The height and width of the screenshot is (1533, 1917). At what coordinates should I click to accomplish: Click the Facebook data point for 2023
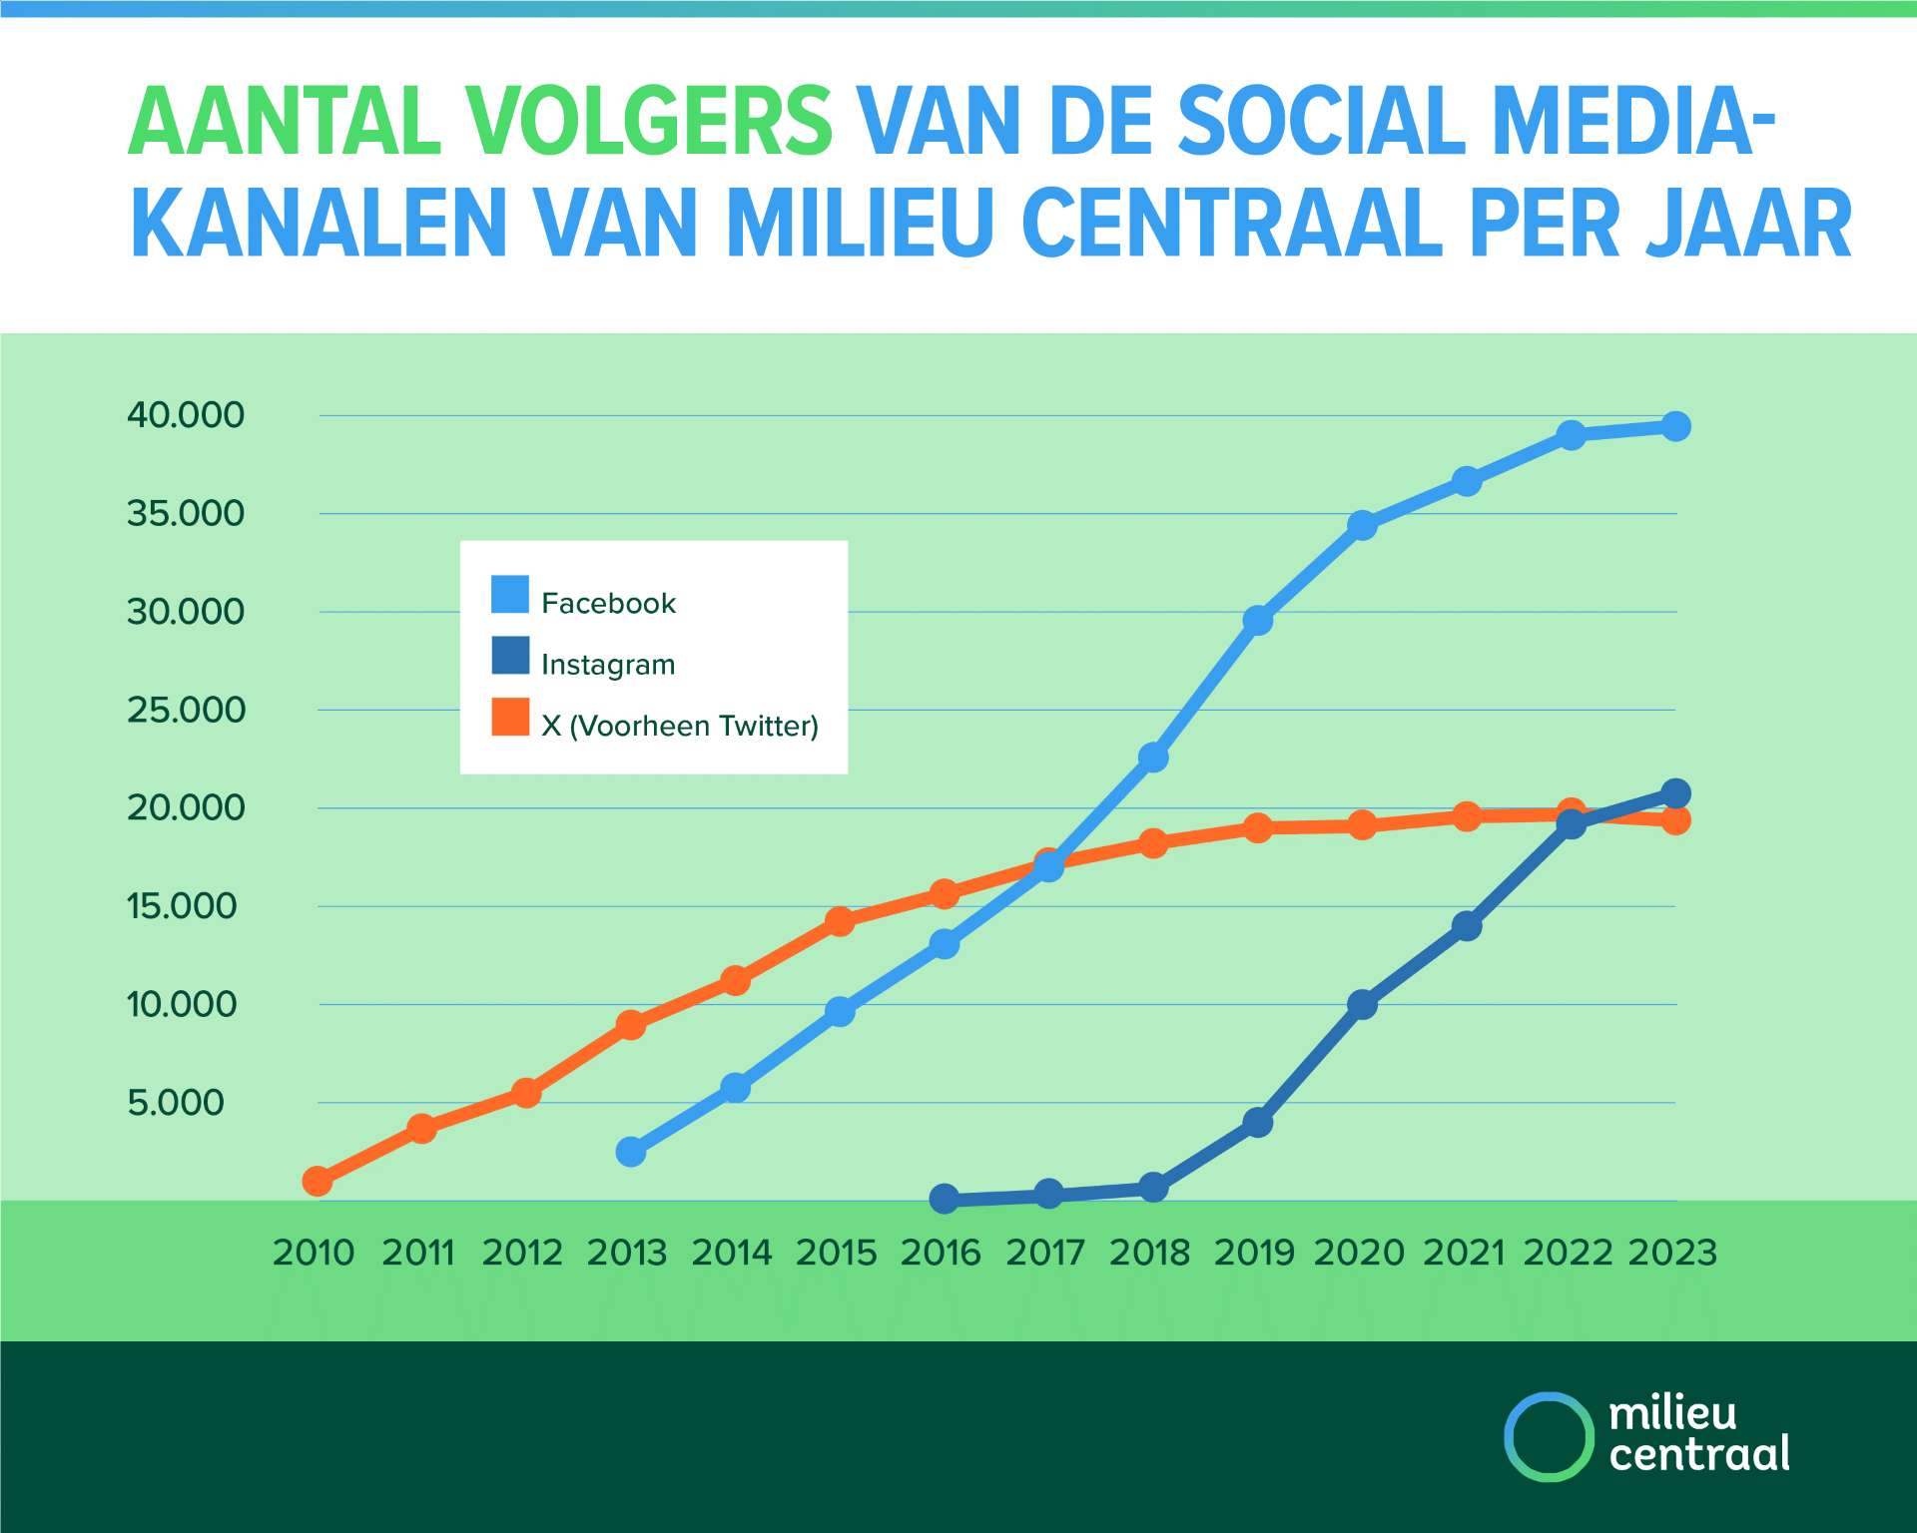[x=1675, y=426]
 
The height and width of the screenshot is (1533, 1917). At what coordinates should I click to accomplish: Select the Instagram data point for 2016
[x=945, y=1199]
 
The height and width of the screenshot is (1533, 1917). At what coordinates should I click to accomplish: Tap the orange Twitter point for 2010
[x=318, y=1181]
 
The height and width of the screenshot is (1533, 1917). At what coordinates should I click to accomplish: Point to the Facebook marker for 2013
[x=631, y=1152]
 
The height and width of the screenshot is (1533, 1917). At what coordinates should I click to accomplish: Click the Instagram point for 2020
[x=1362, y=1004]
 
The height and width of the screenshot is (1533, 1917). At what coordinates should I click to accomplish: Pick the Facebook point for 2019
[x=1258, y=620]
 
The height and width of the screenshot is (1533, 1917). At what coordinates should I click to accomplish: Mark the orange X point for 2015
[x=840, y=920]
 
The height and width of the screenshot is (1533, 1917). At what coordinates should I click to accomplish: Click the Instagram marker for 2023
[x=1675, y=793]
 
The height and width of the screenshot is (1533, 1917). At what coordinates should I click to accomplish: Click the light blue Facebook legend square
[x=510, y=594]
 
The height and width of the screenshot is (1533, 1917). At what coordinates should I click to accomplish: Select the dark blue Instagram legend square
[x=510, y=656]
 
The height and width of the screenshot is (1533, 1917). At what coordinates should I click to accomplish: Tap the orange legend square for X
[x=510, y=717]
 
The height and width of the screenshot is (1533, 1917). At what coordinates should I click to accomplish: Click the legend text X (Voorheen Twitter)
[x=680, y=726]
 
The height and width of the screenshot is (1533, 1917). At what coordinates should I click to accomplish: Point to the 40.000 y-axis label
[x=186, y=414]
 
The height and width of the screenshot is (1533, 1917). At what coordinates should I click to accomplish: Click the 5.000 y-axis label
[x=176, y=1102]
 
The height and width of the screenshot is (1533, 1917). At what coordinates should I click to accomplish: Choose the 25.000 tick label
[x=186, y=710]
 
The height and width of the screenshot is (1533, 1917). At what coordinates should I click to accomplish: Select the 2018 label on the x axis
[x=1150, y=1253]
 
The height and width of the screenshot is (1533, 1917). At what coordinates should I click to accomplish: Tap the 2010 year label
[x=314, y=1253]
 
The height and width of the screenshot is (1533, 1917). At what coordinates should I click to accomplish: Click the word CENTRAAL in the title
[x=1232, y=223]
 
